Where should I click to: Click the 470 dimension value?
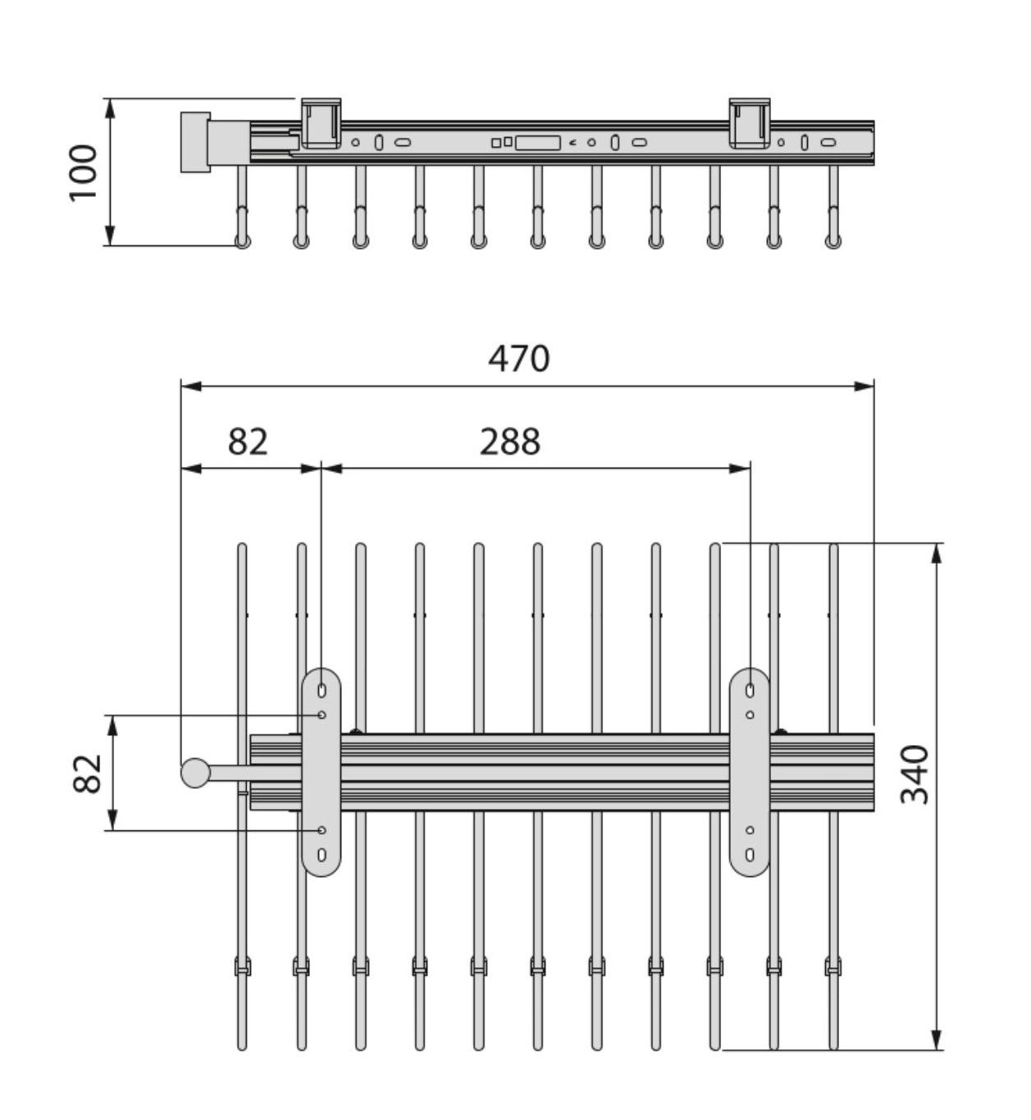pyautogui.click(x=519, y=359)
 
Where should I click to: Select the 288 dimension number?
pyautogui.click(x=510, y=441)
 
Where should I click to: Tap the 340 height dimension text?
pyautogui.click(x=915, y=774)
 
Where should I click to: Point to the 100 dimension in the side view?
pyautogui.click(x=83, y=172)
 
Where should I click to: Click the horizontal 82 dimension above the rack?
pyautogui.click(x=248, y=441)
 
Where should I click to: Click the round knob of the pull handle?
pyautogui.click(x=195, y=773)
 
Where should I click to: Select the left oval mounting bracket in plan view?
pyautogui.click(x=322, y=772)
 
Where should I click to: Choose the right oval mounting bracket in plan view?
pyautogui.click(x=750, y=772)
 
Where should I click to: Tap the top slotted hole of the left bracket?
pyautogui.click(x=322, y=691)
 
